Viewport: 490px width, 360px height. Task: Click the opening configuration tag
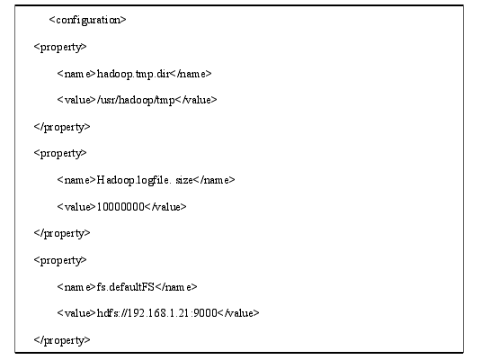87,20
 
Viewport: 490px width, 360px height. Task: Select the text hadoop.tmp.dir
133,74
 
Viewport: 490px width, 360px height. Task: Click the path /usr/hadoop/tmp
137,100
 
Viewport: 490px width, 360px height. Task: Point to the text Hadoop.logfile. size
145,180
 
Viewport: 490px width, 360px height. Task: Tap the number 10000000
120,207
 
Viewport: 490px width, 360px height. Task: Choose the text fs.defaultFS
126,287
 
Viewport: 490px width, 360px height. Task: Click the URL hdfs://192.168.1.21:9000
156,313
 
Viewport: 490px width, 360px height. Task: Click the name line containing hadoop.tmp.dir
134,74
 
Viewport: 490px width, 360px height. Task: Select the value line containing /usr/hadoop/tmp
137,100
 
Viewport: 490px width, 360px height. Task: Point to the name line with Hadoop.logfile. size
146,180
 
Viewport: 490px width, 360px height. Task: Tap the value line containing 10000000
122,207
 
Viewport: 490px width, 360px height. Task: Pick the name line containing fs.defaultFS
127,287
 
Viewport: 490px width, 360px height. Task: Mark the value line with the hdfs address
158,313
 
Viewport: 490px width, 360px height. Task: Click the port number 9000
205,313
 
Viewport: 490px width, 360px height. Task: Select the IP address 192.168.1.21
159,313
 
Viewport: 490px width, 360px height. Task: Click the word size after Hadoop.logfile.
184,181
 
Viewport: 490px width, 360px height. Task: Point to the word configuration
88,20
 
